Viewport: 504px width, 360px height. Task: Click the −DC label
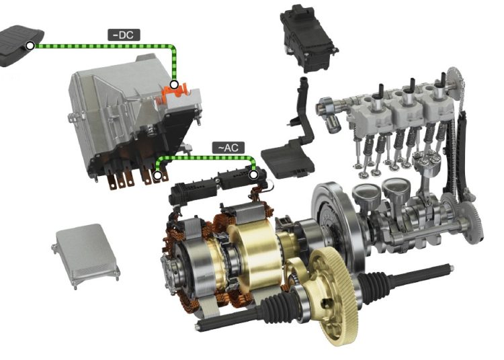coord(124,35)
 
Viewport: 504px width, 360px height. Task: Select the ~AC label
coord(228,148)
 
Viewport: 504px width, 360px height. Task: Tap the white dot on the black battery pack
coord(30,46)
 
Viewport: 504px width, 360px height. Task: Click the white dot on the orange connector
coord(174,85)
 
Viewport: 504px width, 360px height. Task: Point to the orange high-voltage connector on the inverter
coord(175,91)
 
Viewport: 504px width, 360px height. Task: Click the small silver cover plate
coord(85,256)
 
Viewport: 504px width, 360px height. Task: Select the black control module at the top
coord(308,38)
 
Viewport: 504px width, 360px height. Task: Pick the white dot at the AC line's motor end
coord(253,175)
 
